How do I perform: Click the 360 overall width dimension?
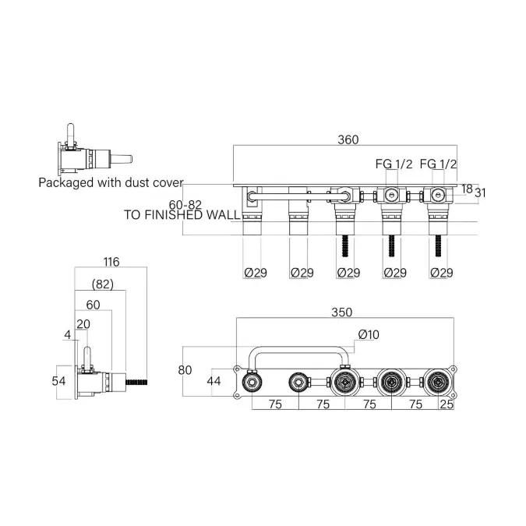pyautogui.click(x=348, y=139)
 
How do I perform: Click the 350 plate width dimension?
pyautogui.click(x=341, y=312)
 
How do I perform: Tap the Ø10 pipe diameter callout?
pyautogui.click(x=369, y=334)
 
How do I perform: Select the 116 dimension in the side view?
pyautogui.click(x=111, y=262)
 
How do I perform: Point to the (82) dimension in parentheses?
pyautogui.click(x=103, y=284)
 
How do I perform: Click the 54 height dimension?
pyautogui.click(x=58, y=381)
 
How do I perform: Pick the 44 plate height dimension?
pyautogui.click(x=214, y=381)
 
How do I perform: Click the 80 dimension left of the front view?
pyautogui.click(x=185, y=370)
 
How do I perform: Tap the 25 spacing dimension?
pyautogui.click(x=447, y=404)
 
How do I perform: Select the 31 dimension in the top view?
pyautogui.click(x=480, y=193)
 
